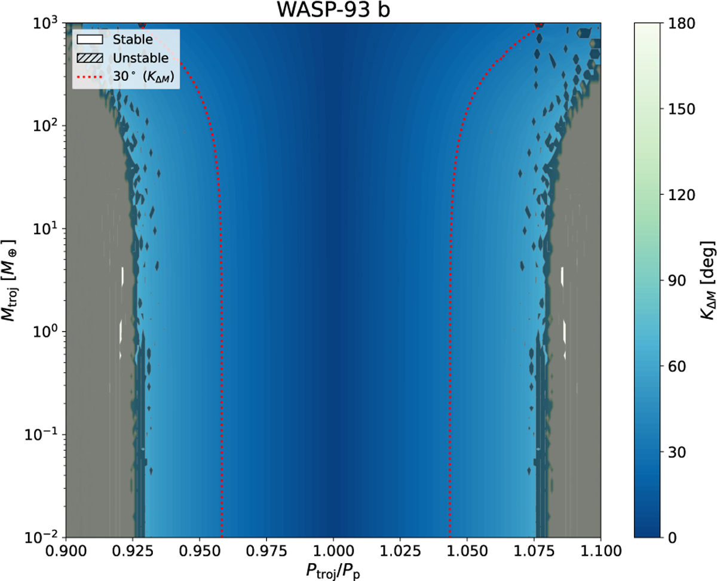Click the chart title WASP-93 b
tap(333, 10)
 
